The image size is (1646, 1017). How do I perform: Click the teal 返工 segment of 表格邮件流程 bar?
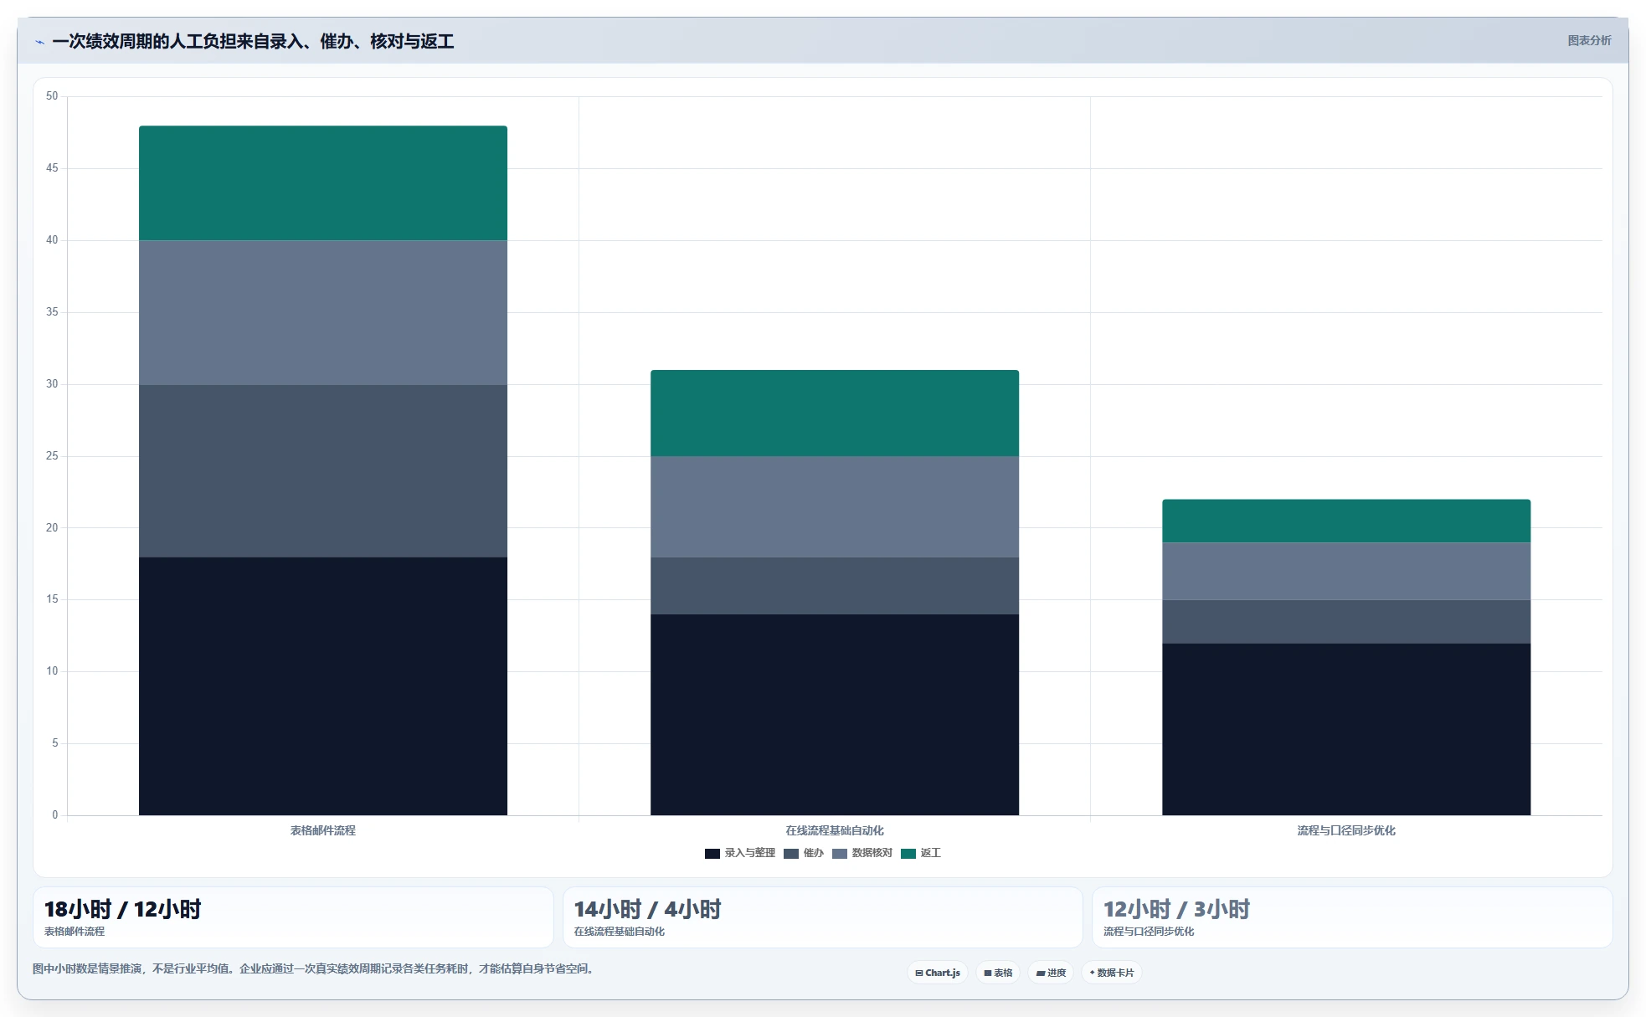tap(323, 183)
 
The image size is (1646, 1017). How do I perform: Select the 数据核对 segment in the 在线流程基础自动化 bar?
tap(835, 507)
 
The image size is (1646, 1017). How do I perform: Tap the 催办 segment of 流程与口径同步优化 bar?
tap(1346, 622)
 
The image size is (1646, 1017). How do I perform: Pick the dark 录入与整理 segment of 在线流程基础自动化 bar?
tap(835, 715)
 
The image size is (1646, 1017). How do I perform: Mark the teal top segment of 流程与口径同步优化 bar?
tap(1346, 521)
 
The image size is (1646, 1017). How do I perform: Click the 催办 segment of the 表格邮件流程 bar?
tap(323, 471)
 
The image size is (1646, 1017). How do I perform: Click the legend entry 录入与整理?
tap(740, 853)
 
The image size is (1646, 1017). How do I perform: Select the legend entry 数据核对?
tap(862, 853)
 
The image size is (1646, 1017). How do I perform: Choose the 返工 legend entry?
tap(921, 853)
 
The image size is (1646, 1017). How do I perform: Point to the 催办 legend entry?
tap(804, 853)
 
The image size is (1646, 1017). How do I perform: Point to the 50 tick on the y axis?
tap(52, 96)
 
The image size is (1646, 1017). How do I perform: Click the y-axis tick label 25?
tap(52, 456)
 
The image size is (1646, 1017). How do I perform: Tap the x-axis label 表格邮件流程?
tap(323, 830)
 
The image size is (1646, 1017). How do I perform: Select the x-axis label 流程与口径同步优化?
tap(1346, 830)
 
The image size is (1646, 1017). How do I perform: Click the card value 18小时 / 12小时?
tap(123, 909)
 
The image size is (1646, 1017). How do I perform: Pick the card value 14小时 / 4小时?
tap(647, 909)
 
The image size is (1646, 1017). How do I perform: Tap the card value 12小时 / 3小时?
tap(1176, 909)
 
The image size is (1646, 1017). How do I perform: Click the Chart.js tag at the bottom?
tap(938, 973)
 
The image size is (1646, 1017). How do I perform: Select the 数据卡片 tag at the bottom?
tap(1112, 973)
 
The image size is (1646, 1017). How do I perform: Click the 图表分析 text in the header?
tap(1589, 40)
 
